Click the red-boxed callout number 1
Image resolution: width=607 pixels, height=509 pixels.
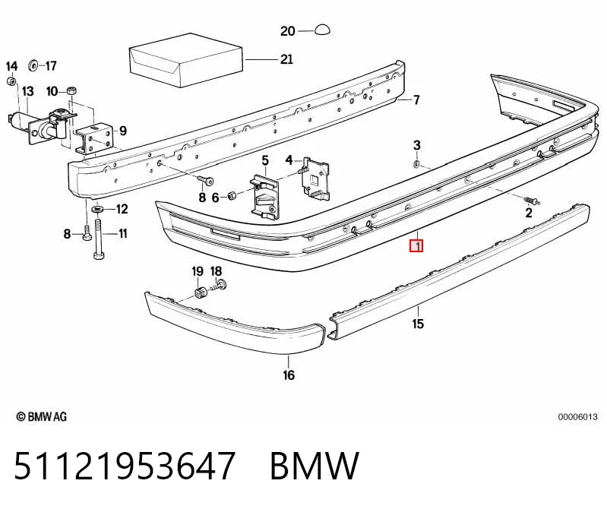pyautogui.click(x=416, y=245)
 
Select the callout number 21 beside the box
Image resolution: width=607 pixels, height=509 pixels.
pyautogui.click(x=286, y=59)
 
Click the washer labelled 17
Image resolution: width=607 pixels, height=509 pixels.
pyautogui.click(x=33, y=66)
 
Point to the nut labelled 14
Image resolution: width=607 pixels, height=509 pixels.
pyautogui.click(x=11, y=81)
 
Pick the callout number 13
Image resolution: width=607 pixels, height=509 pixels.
pyautogui.click(x=28, y=92)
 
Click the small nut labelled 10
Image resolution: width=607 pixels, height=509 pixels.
pyautogui.click(x=71, y=90)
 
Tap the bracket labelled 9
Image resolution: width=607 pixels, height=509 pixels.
pyautogui.click(x=95, y=138)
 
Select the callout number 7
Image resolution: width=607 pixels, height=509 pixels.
pyautogui.click(x=416, y=100)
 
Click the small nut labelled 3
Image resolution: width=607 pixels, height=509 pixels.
pyautogui.click(x=416, y=164)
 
